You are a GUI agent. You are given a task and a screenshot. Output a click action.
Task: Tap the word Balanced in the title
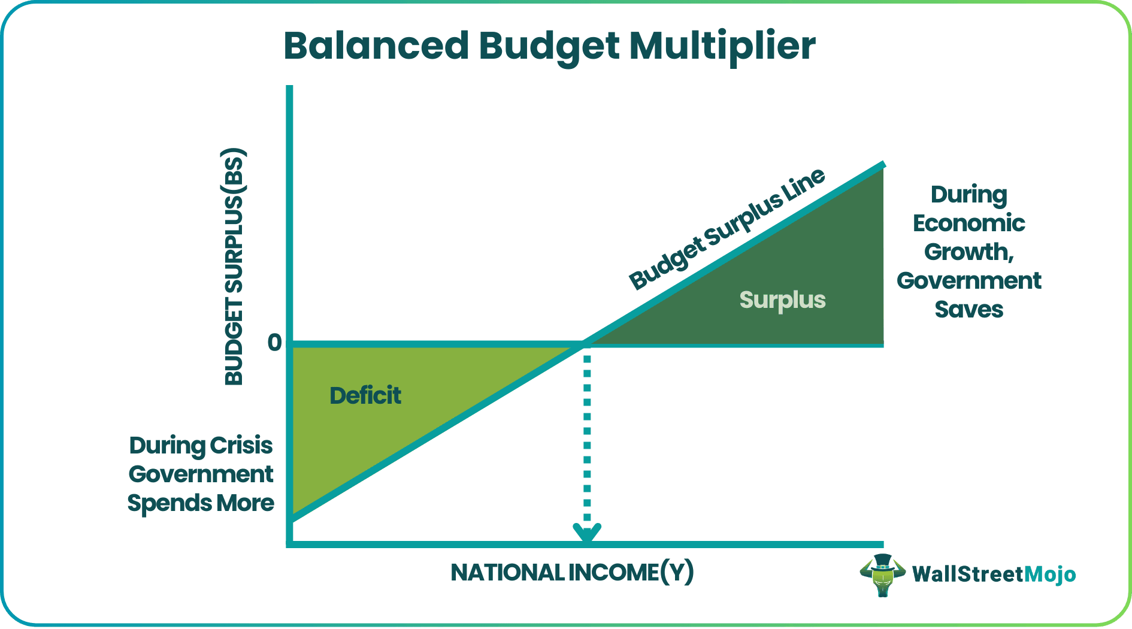pos(376,46)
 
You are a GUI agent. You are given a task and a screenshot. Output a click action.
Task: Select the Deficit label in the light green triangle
pos(365,395)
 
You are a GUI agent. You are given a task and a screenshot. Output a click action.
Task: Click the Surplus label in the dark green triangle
pos(782,300)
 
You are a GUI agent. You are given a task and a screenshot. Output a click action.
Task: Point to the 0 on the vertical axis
pos(274,343)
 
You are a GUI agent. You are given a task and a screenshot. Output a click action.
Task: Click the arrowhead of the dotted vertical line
pos(587,533)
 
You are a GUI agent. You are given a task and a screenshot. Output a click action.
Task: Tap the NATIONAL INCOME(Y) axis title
pos(572,573)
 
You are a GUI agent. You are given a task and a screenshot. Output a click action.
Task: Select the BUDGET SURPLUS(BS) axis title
pos(234,267)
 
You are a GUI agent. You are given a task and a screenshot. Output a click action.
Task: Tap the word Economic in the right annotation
pos(968,223)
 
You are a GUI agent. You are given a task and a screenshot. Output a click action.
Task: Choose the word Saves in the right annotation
pos(968,310)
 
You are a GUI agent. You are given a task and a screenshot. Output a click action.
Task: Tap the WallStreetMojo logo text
pos(994,574)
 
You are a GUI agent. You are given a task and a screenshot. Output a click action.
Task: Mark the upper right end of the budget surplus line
pos(882,165)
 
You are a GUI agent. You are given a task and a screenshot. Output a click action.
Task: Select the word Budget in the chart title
pos(549,46)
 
